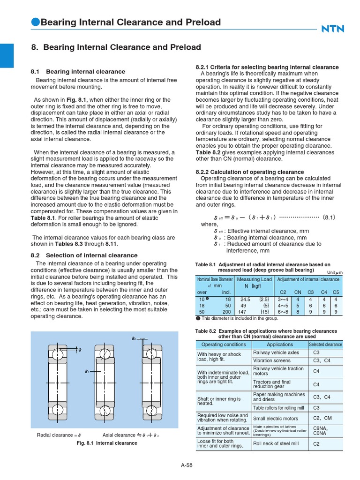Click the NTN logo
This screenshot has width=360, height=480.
point(332,29)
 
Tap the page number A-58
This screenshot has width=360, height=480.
point(187,465)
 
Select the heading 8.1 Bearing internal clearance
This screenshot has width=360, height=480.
point(78,72)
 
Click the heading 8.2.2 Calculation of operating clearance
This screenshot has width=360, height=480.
point(249,172)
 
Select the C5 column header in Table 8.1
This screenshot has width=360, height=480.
point(336,292)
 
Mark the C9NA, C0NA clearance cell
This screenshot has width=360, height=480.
point(320,431)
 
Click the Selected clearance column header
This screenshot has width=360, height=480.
point(325,344)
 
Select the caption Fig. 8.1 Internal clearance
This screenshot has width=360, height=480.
point(107,443)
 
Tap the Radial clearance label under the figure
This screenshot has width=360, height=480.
point(59,435)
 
